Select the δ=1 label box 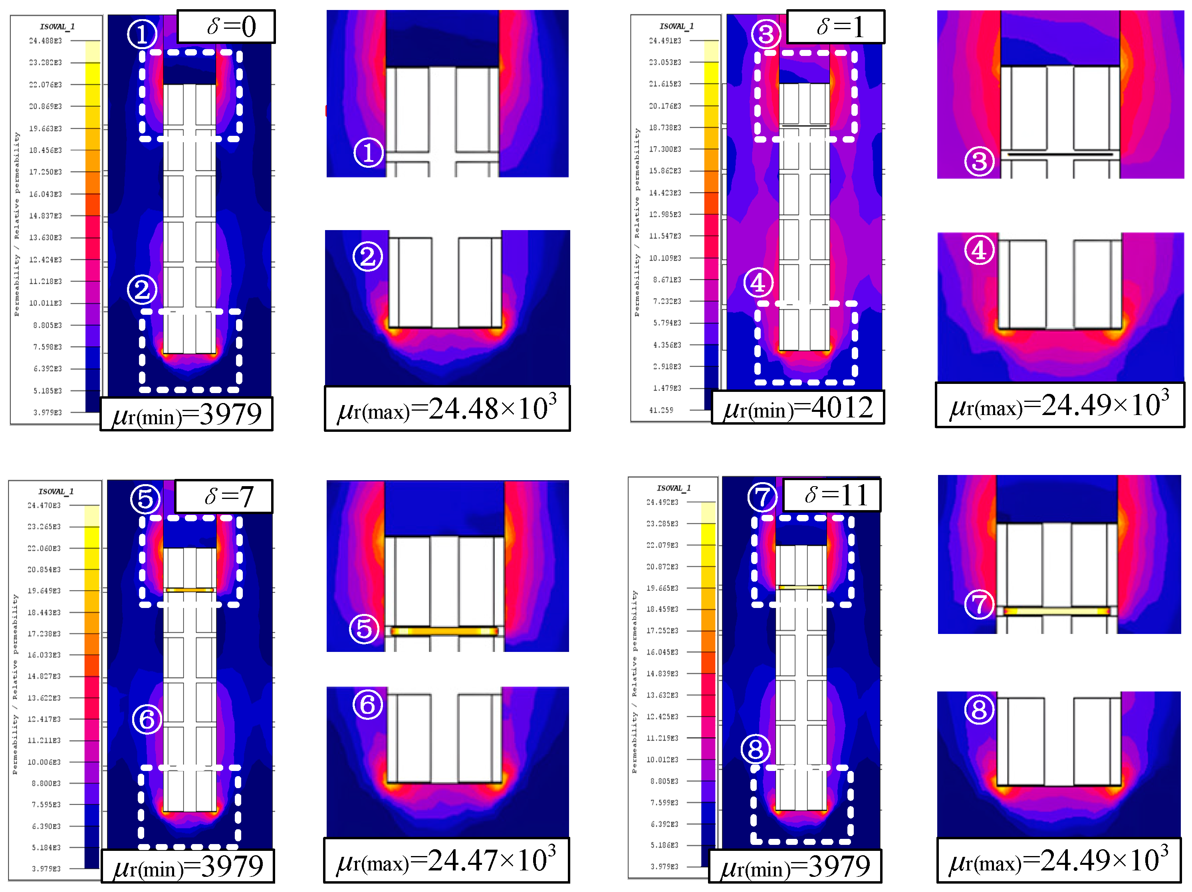(835, 26)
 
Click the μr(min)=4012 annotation (797, 407)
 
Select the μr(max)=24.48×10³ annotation (447, 409)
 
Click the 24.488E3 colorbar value (46, 41)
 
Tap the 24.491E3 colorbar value (665, 41)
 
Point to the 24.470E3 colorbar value (44, 506)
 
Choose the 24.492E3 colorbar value (662, 502)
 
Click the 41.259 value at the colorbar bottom (661, 410)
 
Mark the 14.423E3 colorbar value (665, 193)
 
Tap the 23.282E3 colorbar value (46, 63)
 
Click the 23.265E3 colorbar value (44, 526)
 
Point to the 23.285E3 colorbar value (662, 524)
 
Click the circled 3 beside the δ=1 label (766, 34)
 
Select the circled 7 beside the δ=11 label (762, 497)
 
